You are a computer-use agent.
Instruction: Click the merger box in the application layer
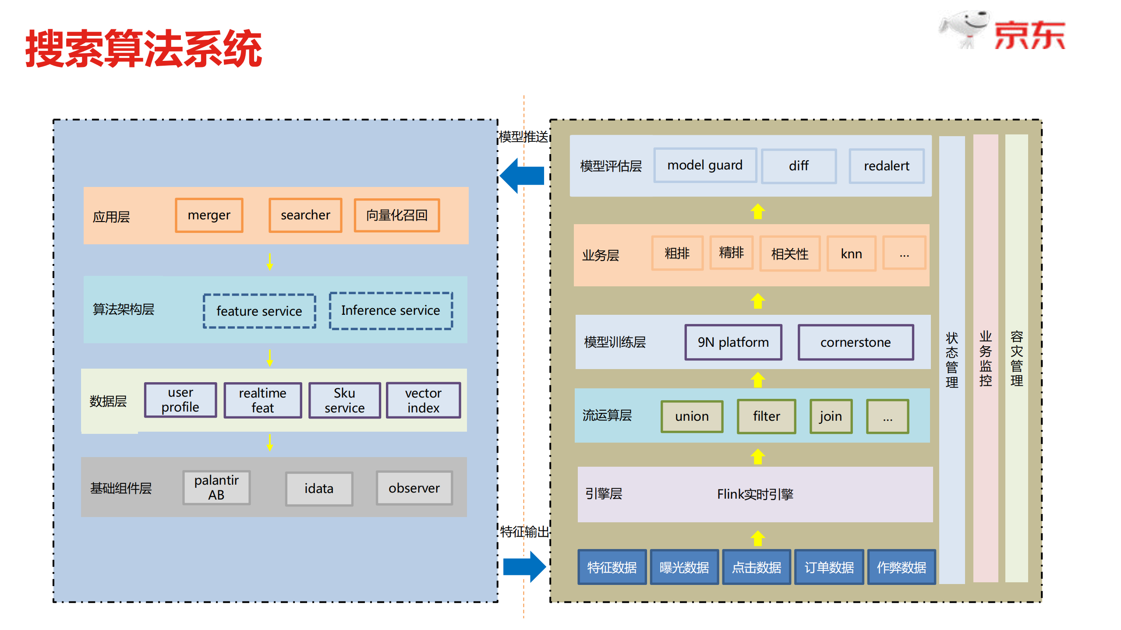[x=209, y=215]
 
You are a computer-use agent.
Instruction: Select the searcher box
[x=305, y=215]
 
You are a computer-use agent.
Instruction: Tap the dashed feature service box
[x=259, y=311]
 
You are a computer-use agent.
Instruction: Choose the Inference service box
[x=391, y=310]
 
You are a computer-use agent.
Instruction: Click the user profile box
[x=180, y=400]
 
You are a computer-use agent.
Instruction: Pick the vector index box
[x=423, y=400]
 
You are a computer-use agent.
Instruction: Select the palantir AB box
[x=216, y=487]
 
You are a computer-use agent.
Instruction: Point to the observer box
[x=414, y=488]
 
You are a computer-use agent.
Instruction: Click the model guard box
[x=705, y=165]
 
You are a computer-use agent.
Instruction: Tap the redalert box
[x=886, y=166]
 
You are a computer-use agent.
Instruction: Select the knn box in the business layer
[x=851, y=253]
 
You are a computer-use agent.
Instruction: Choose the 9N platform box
[x=733, y=342]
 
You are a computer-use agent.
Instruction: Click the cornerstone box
[x=856, y=342]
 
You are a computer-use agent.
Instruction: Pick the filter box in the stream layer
[x=766, y=416]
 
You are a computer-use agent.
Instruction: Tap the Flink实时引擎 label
[x=755, y=494]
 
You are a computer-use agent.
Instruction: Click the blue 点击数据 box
[x=757, y=567]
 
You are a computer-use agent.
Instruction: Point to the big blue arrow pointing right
[x=524, y=567]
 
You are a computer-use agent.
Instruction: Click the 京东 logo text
[x=1029, y=35]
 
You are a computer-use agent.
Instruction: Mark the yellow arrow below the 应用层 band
[x=270, y=261]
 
